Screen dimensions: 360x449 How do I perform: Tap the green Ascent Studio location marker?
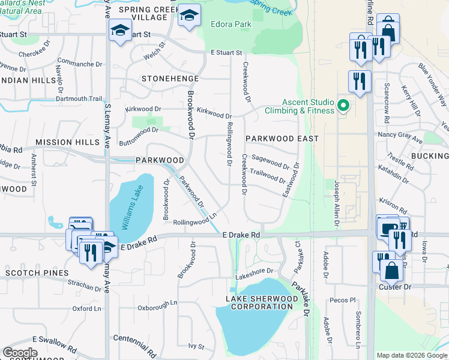pyautogui.click(x=343, y=106)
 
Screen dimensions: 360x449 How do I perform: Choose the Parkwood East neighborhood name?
pyautogui.click(x=282, y=139)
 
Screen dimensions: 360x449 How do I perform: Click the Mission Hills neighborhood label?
pyautogui.click(x=67, y=142)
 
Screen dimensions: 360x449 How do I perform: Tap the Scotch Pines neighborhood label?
pyautogui.click(x=37, y=272)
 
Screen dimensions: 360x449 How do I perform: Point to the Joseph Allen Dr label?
pyautogui.click(x=337, y=203)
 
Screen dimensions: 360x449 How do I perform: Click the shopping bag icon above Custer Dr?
pyautogui.click(x=391, y=271)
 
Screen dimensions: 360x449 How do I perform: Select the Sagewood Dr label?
pyautogui.click(x=271, y=161)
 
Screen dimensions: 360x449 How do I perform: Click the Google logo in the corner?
pyautogui.click(x=20, y=353)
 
